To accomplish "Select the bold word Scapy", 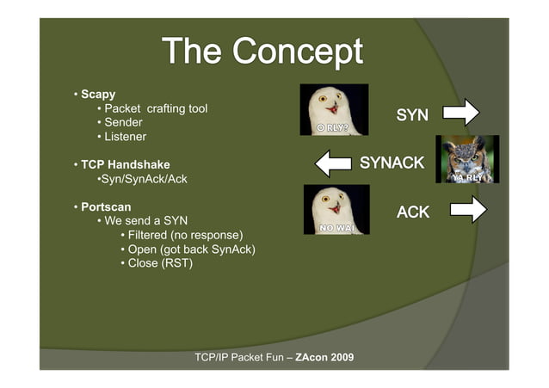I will point(98,94).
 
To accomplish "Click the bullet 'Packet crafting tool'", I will point(156,108).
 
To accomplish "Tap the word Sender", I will point(123,122).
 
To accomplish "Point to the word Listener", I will point(126,136).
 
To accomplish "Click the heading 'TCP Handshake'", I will point(126,164).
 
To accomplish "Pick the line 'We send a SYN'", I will point(145,221).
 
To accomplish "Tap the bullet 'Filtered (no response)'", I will point(185,235).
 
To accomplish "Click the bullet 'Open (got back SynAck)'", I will point(191,249).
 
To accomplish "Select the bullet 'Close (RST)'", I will point(160,262).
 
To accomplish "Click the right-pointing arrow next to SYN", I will point(460,113).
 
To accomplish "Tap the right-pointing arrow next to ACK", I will point(467,209).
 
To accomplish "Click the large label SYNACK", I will point(392,162).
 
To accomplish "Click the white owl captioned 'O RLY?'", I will point(333,109).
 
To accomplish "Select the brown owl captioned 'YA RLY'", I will point(466,158).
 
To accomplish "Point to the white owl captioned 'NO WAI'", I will point(336,209).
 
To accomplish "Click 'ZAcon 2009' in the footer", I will point(324,356).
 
